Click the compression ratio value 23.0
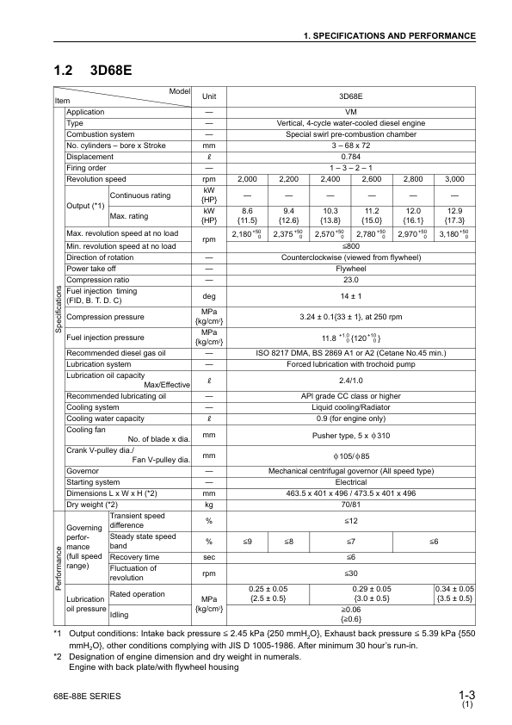350,279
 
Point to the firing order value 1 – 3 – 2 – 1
350,168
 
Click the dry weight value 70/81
350,504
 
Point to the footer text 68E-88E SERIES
86,695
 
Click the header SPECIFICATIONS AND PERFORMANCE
390,36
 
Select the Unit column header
208,97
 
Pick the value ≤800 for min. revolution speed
350,246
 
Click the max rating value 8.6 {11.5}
247,214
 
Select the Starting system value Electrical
350,482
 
